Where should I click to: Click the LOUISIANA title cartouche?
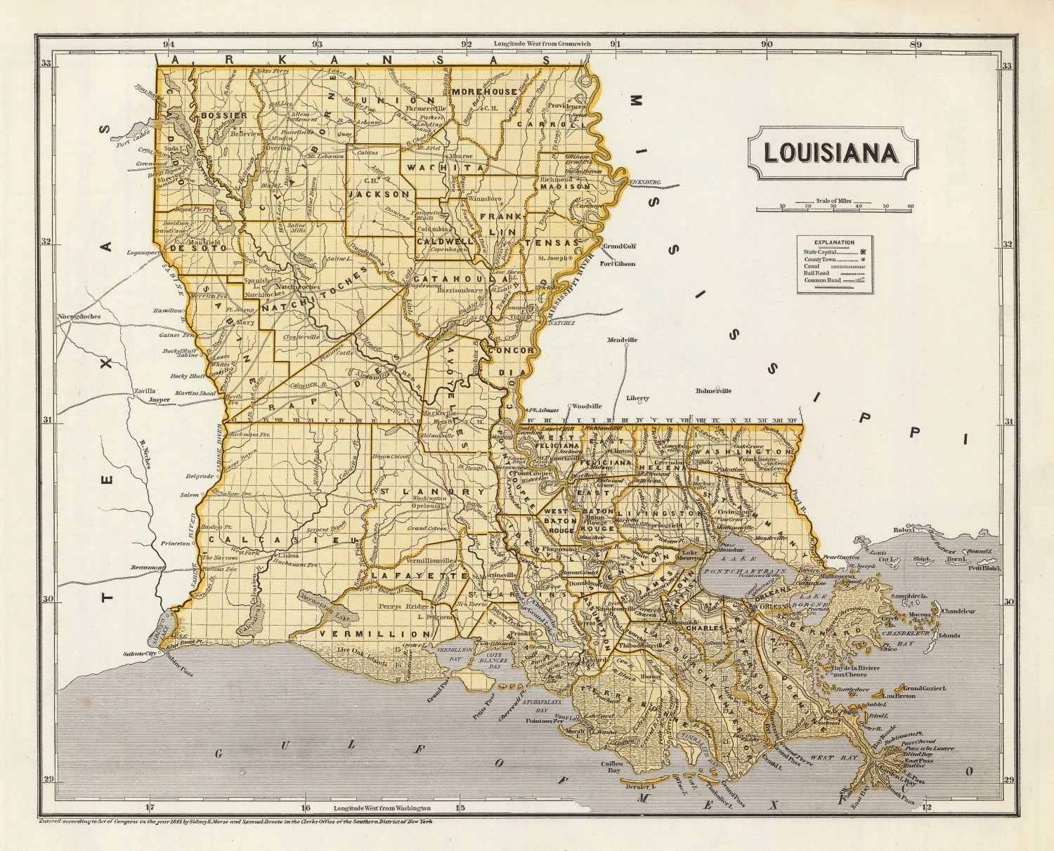[832, 153]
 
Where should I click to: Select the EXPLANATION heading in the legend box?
[834, 242]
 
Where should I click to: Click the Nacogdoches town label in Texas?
[79, 317]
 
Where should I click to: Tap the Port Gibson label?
[617, 264]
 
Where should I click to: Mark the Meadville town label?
[622, 340]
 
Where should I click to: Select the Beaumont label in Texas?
[148, 567]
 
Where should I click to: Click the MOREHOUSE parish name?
[484, 92]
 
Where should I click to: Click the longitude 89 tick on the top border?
[916, 44]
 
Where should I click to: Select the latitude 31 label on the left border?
[47, 421]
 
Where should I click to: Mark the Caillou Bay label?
[610, 766]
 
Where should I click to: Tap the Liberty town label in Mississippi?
[638, 398]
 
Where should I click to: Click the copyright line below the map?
[235, 821]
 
